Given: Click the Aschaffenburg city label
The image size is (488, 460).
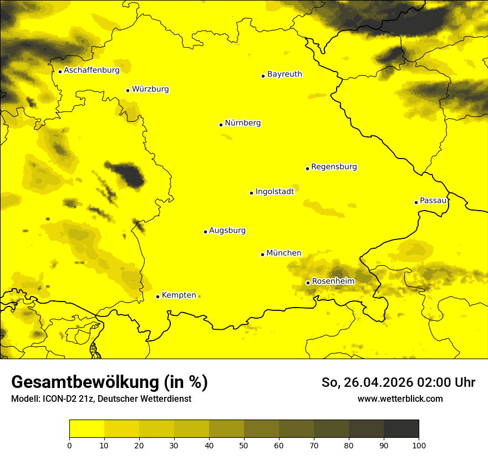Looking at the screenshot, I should pyautogui.click(x=91, y=70).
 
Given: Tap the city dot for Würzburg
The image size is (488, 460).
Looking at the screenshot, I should pyautogui.click(x=128, y=90).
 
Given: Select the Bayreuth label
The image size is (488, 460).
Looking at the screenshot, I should pyautogui.click(x=284, y=74).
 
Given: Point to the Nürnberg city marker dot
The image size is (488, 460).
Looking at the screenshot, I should pyautogui.click(x=221, y=125).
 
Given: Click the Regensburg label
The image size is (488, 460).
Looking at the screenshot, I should pyautogui.click(x=334, y=167).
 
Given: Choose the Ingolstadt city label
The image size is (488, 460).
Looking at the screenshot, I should pyautogui.click(x=274, y=192).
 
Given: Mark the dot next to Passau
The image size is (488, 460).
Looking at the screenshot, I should pyautogui.click(x=416, y=202).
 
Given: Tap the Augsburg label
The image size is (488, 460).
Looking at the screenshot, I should pyautogui.click(x=227, y=231).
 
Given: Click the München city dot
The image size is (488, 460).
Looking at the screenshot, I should pyautogui.click(x=262, y=254).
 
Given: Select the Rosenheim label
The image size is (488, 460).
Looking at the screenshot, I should pyautogui.click(x=333, y=282).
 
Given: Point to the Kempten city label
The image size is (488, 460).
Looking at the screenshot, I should pyautogui.click(x=179, y=295).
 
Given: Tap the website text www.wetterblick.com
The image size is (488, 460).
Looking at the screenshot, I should pyautogui.click(x=400, y=398).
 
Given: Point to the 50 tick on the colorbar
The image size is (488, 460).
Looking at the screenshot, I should pyautogui.click(x=244, y=444).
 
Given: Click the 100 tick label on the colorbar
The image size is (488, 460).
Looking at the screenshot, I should pyautogui.click(x=419, y=444).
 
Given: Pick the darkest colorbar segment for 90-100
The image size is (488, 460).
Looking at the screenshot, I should pyautogui.click(x=401, y=429).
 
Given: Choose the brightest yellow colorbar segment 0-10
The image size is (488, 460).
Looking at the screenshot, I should pyautogui.click(x=87, y=429).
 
